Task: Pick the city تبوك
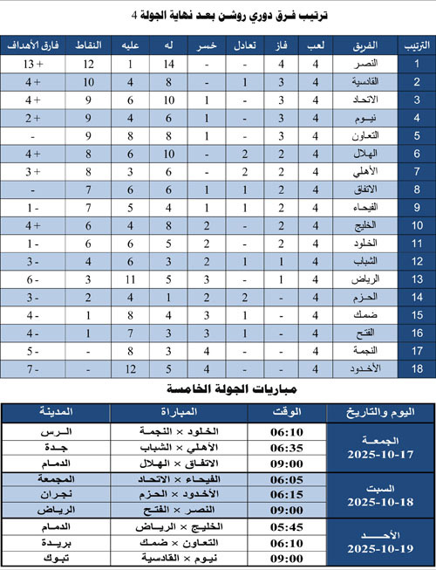click(57, 556)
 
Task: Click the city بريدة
click(57, 542)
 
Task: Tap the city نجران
click(57, 494)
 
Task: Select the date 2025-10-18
click(380, 502)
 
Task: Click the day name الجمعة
click(380, 441)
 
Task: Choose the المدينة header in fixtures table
click(57, 412)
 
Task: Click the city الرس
click(57, 432)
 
